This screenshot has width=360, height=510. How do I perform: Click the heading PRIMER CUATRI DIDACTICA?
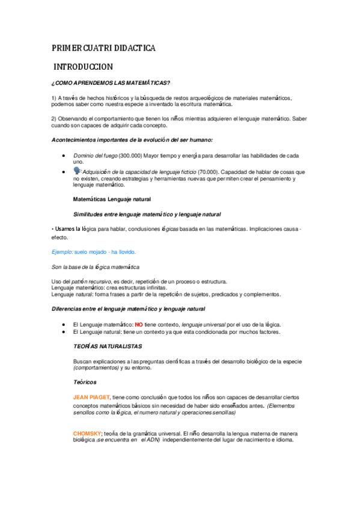104,48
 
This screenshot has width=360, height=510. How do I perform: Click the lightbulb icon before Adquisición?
77,171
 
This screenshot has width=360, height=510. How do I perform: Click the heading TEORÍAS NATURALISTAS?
107,347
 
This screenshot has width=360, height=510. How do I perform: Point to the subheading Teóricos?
85,382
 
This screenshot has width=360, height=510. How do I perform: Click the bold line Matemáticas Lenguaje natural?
112,198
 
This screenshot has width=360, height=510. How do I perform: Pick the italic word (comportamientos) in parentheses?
96,367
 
